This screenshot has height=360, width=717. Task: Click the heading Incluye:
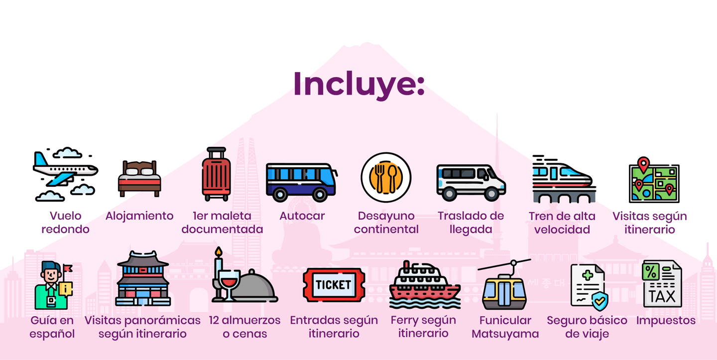(358, 84)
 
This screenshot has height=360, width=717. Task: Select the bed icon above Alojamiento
(139, 178)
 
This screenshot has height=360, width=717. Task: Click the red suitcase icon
(216, 174)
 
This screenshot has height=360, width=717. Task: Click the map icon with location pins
(653, 182)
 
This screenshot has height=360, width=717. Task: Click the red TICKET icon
(333, 285)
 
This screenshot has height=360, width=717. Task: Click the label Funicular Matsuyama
(505, 327)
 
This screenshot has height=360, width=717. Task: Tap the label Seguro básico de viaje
(587, 327)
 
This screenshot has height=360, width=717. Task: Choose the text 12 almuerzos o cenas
(244, 327)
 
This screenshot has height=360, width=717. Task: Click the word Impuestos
(665, 320)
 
